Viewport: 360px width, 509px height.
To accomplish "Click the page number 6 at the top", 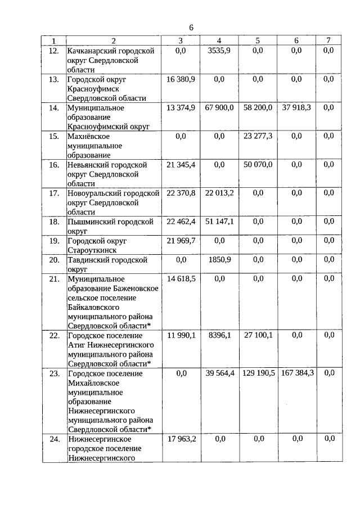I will [191, 28].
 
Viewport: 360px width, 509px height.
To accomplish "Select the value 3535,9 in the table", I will [219, 51].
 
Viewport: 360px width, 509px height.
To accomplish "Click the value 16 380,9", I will [181, 79].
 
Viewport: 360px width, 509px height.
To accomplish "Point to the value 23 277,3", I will [258, 136].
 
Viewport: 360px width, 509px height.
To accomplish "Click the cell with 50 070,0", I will [258, 164].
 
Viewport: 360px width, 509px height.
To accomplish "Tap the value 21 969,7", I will [181, 241].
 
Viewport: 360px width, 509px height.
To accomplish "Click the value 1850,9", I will [219, 260].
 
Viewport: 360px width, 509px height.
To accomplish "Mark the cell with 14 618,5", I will [181, 278].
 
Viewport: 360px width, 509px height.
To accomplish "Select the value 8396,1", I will [219, 335].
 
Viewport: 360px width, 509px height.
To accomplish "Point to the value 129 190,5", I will [258, 373].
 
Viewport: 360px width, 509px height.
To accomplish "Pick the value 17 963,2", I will [181, 439].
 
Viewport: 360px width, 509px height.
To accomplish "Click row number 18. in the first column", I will [54, 222].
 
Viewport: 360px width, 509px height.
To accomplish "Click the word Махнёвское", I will [88, 136].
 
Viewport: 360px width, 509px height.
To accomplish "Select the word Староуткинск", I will [92, 250].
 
